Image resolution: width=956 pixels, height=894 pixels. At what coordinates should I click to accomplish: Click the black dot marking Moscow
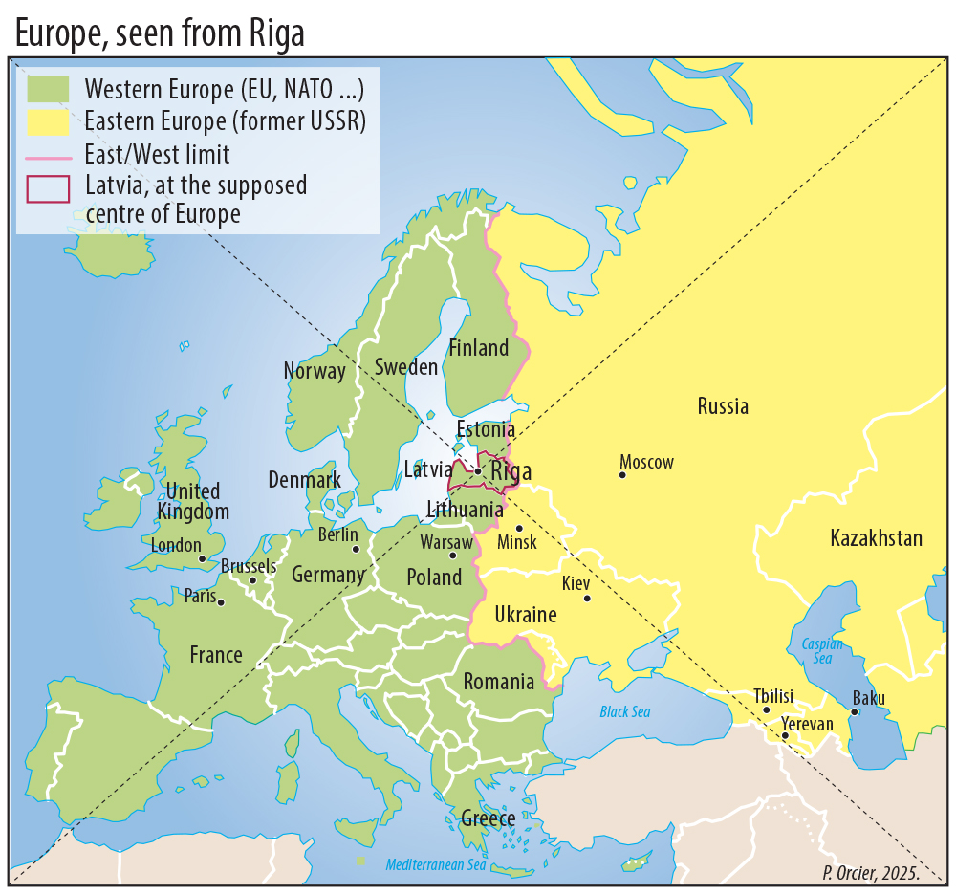point(622,474)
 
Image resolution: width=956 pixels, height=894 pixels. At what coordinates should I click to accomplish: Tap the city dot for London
point(202,558)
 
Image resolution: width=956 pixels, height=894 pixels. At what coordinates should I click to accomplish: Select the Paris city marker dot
point(221,602)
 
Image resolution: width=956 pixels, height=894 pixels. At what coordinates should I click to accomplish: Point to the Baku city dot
point(855,711)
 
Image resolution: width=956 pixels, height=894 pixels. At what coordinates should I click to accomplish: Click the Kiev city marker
point(587,599)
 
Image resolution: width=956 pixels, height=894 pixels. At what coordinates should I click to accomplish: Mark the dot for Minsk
point(519,528)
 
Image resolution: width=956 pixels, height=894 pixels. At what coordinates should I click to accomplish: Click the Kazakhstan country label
point(876,538)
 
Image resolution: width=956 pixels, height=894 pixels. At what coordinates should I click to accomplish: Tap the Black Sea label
point(624,711)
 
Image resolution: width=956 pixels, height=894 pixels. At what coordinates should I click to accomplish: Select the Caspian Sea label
point(822,651)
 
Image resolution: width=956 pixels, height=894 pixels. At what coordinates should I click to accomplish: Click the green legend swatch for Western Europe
point(49,89)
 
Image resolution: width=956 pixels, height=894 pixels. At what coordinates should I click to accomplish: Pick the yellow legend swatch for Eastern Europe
point(49,121)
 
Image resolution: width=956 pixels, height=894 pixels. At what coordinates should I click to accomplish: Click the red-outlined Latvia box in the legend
point(49,188)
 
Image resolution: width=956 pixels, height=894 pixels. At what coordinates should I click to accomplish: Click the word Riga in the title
point(278,33)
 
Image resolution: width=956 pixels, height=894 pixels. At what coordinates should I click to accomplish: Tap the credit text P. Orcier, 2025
point(870,873)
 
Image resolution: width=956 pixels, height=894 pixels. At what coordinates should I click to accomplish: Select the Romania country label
point(498,682)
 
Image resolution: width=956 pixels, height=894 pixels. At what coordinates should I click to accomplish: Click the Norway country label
point(315,371)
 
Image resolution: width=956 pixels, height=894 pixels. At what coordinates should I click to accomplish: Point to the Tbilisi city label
point(772,696)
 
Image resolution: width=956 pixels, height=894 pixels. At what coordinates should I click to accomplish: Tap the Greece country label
point(488,818)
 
